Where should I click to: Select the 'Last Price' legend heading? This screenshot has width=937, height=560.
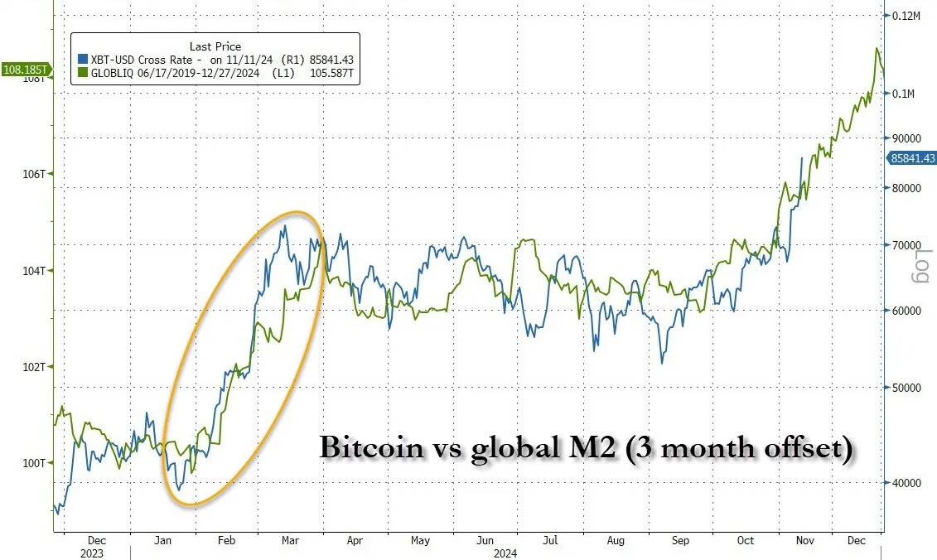(x=215, y=46)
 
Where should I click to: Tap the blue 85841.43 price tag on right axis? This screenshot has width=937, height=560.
(x=911, y=158)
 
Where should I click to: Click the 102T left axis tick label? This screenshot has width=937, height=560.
(x=36, y=367)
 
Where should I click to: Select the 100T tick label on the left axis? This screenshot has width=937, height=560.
(x=36, y=463)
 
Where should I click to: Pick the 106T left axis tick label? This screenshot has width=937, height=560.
(x=36, y=174)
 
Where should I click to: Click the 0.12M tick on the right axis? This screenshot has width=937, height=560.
(x=908, y=16)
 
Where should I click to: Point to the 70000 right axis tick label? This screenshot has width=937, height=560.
(x=906, y=246)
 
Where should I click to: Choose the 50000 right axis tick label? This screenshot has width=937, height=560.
(x=906, y=388)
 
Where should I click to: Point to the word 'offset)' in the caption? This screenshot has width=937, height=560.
(x=802, y=449)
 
